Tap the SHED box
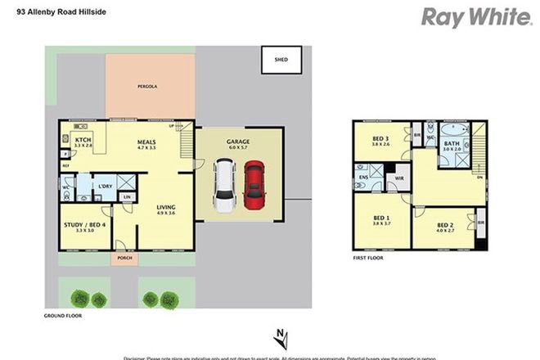[x=281, y=60]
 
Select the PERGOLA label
[x=146, y=86]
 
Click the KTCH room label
[x=83, y=141]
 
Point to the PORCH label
[x=124, y=259]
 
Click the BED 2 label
[x=445, y=225]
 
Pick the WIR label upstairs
[x=401, y=177]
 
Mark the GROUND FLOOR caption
[x=63, y=314]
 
